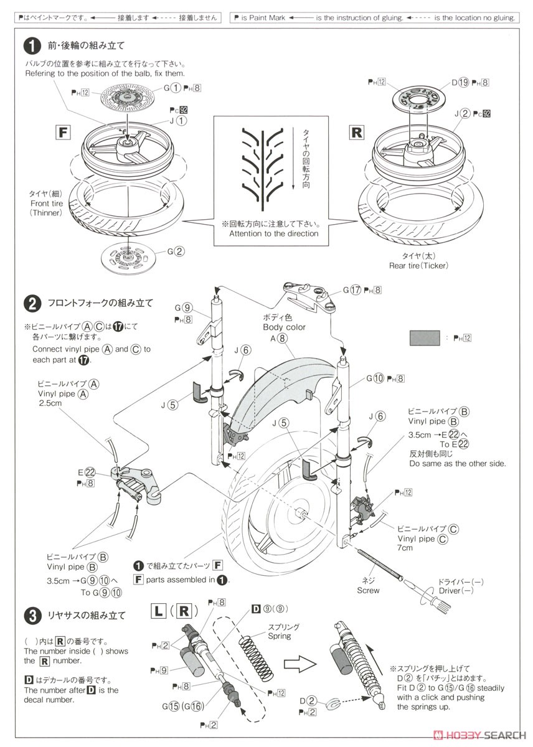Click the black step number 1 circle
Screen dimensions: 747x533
[x=32, y=45]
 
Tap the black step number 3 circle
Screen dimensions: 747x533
[x=32, y=616]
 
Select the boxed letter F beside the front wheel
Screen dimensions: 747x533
[x=62, y=132]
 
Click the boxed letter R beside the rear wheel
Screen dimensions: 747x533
[x=357, y=132]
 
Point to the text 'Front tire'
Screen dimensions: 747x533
[x=47, y=203]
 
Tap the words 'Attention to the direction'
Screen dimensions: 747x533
[x=273, y=233]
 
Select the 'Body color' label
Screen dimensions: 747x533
[x=284, y=327]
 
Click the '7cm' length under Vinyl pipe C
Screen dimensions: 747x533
[x=406, y=548]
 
